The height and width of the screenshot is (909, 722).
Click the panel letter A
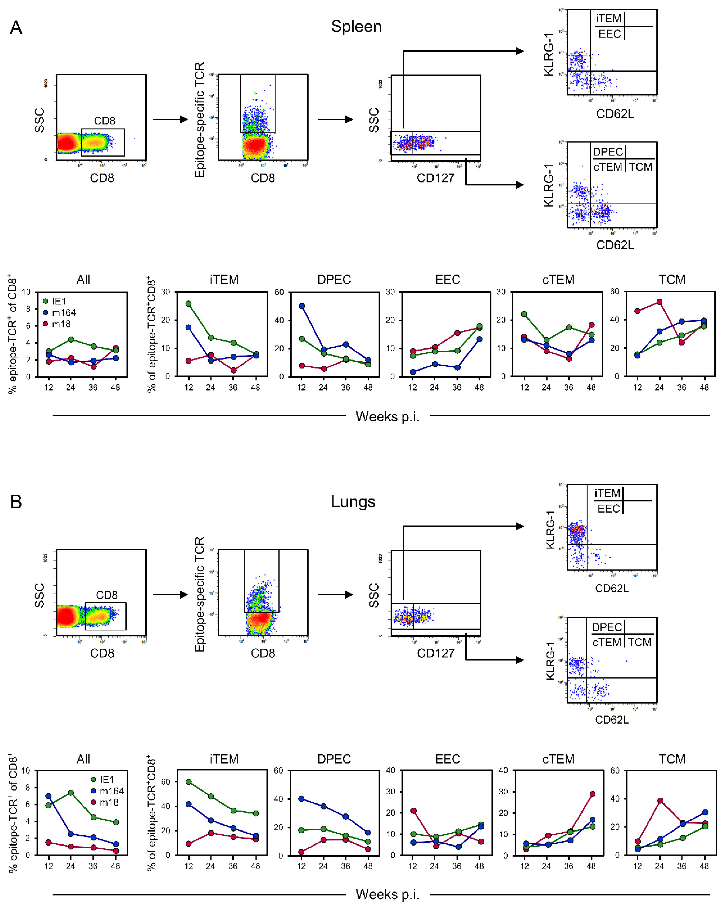16,28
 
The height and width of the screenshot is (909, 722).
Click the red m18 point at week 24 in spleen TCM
659,302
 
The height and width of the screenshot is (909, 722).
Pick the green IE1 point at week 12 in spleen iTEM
188,304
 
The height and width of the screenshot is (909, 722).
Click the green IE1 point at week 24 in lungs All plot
71,793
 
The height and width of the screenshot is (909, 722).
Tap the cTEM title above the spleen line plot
558,279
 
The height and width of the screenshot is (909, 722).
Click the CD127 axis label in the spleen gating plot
435,178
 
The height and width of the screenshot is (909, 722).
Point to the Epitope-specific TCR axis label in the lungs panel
199,595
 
